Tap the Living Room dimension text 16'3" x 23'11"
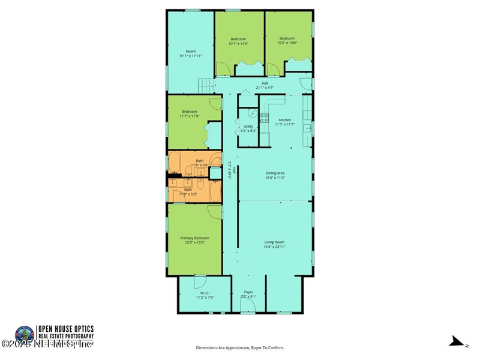coord(275,247)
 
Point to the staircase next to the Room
coord(206,86)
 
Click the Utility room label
coord(248,127)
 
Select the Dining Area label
coord(275,173)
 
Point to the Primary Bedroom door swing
coord(215,212)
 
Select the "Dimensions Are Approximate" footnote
coord(240,347)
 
